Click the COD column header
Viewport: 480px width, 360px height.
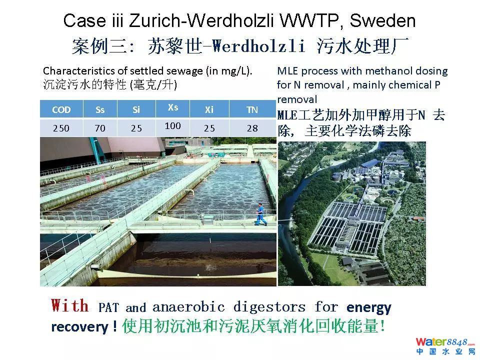[x=61, y=109]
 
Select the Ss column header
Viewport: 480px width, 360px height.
[x=100, y=109]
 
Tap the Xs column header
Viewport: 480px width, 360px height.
[x=173, y=107]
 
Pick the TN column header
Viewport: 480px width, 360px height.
[x=252, y=109]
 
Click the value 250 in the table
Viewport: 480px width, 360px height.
[x=61, y=128]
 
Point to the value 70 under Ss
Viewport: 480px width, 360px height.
[x=100, y=128]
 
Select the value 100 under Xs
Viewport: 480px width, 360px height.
[x=173, y=125]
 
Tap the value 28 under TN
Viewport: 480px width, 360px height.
[x=252, y=128]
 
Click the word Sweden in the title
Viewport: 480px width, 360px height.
[x=382, y=20]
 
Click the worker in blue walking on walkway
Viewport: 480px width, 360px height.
[x=260, y=214]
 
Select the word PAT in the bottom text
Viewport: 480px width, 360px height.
[x=108, y=307]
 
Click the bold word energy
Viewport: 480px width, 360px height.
[x=369, y=307]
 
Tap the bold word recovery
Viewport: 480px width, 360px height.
[x=80, y=327]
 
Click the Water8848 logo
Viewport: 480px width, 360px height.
[x=445, y=346]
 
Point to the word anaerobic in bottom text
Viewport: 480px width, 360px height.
[x=188, y=306]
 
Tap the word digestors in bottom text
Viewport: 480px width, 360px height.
[x=269, y=306]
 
